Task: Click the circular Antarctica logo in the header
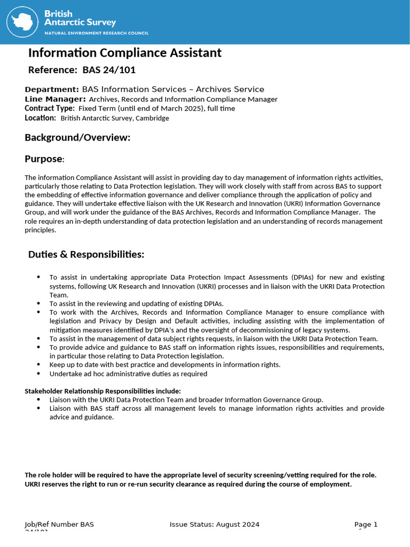(24, 21)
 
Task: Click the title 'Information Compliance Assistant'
(124, 53)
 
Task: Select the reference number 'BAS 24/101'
(113, 70)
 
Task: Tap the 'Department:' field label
(52, 89)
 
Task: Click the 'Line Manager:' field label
(55, 99)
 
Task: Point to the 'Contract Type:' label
(50, 108)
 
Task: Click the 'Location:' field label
(40, 118)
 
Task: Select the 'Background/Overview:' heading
(77, 138)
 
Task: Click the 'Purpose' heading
(44, 159)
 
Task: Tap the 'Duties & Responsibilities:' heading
(86, 255)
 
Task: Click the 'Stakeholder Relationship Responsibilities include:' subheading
(103, 391)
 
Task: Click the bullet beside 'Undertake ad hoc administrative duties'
(38, 373)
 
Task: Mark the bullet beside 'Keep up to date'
(38, 364)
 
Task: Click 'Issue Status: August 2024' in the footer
(215, 525)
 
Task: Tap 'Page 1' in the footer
(366, 525)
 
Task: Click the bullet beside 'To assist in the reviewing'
(38, 303)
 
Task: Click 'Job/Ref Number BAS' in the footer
(59, 525)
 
